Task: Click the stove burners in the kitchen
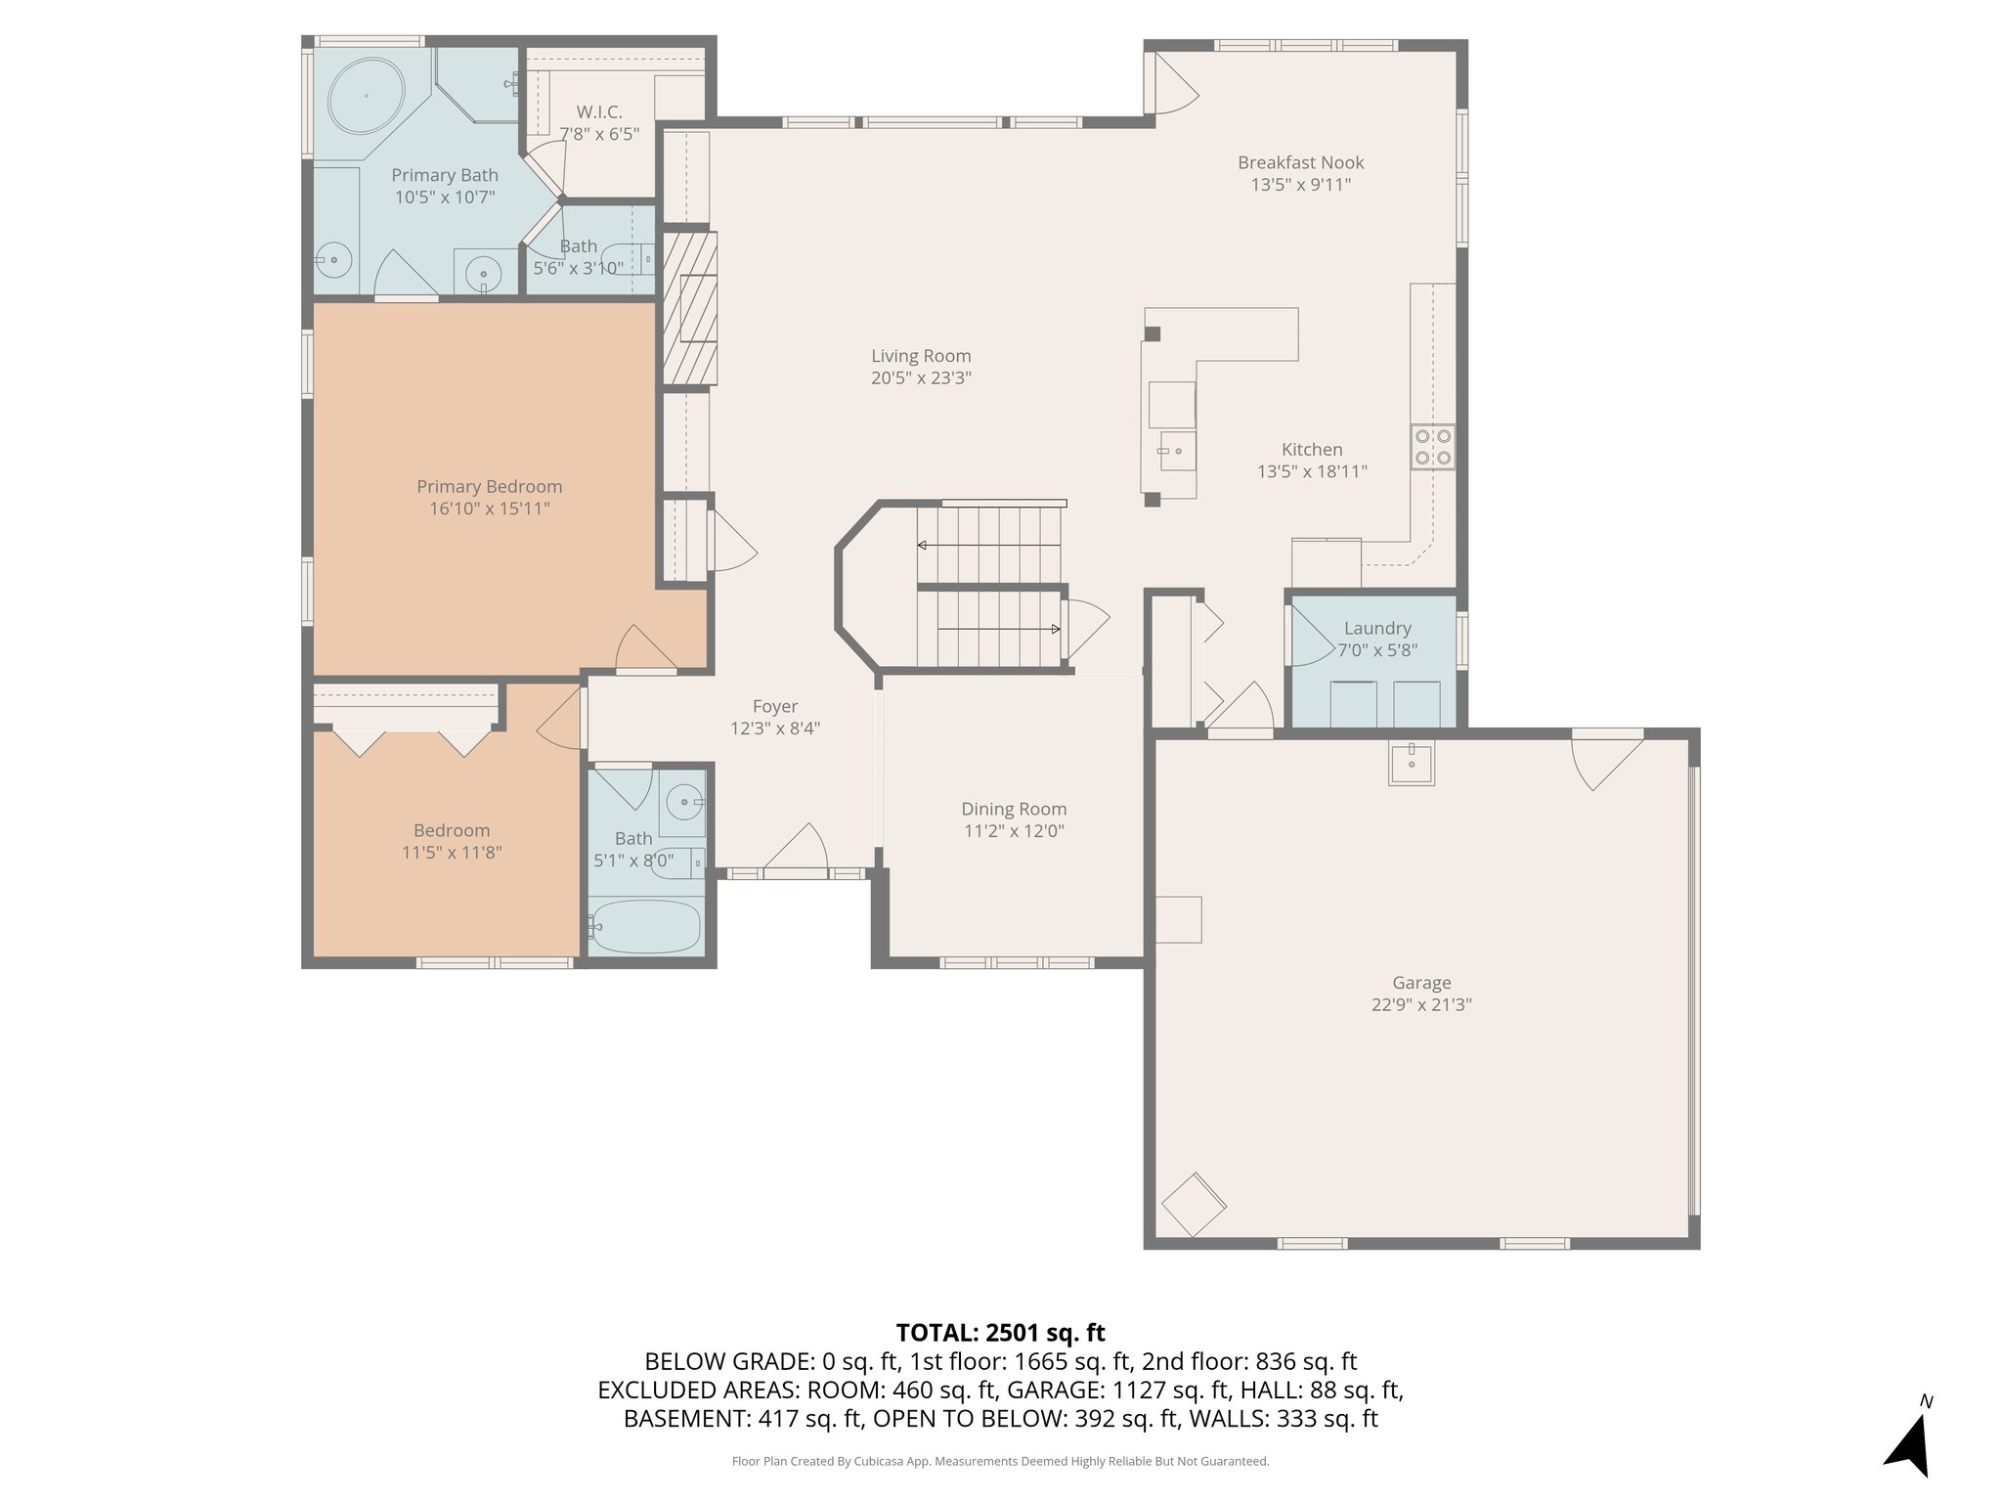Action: click(x=1432, y=448)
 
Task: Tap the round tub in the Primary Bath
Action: click(x=367, y=96)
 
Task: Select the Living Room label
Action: click(x=921, y=356)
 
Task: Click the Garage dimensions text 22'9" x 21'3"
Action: click(x=1421, y=1004)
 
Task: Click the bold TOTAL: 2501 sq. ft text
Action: click(x=1000, y=1332)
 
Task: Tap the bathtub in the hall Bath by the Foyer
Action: click(x=646, y=926)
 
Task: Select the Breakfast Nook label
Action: click(x=1300, y=162)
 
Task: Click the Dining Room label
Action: click(x=1013, y=809)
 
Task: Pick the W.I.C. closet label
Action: click(x=598, y=112)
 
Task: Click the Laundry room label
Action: click(x=1376, y=628)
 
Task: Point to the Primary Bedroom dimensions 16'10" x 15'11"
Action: click(x=489, y=508)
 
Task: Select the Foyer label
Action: click(x=774, y=706)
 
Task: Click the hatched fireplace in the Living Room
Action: click(x=690, y=307)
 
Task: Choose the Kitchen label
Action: click(x=1312, y=449)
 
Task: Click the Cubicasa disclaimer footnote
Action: click(x=1000, y=1461)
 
